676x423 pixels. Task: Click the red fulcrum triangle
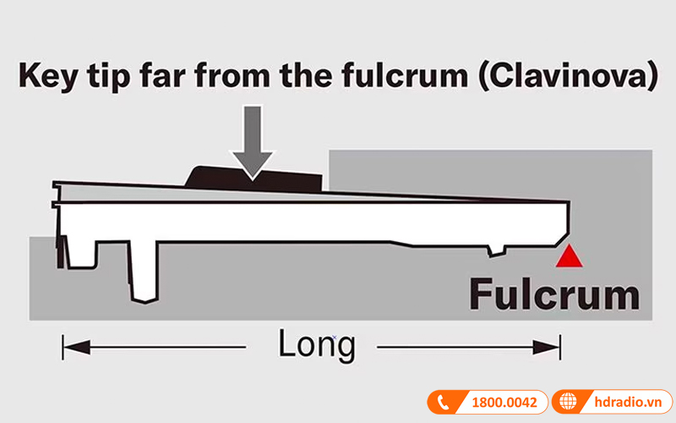572,257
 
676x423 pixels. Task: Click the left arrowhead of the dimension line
69,346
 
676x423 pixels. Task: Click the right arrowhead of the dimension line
554,346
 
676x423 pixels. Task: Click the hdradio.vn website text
622,403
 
